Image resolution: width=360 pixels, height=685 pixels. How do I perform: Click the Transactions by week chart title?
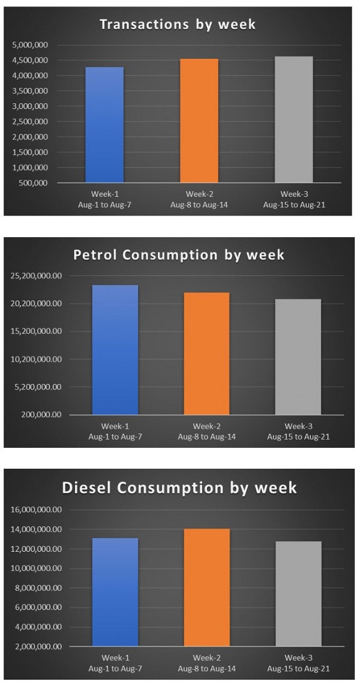(178, 25)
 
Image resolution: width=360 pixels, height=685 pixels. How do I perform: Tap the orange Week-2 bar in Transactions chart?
(199, 121)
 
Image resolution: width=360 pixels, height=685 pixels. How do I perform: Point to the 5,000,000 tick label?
(32, 45)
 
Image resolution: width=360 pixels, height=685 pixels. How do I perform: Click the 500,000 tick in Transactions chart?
(35, 183)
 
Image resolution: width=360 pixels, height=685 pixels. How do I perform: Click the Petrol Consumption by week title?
(179, 255)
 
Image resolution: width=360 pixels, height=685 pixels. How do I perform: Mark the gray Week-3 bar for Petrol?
(298, 357)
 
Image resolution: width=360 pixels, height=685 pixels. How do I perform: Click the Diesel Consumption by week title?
(179, 487)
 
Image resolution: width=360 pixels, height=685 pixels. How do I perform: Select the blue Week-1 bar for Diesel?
(115, 592)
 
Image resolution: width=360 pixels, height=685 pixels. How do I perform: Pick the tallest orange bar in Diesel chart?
(206, 588)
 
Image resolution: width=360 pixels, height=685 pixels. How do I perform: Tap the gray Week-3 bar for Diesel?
(298, 594)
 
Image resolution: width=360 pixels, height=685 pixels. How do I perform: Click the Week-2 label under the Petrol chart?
(206, 426)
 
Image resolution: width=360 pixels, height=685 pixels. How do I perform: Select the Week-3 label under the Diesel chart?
(298, 659)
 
